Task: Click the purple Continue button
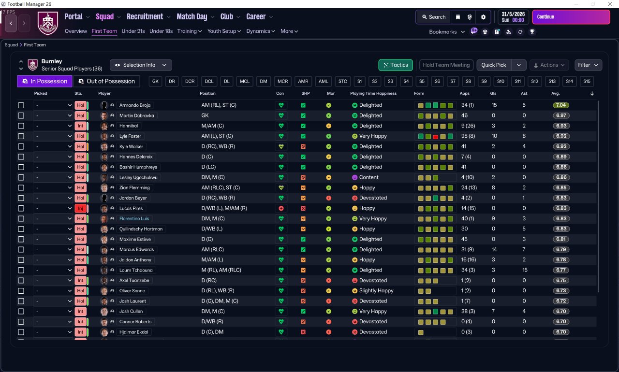(x=571, y=17)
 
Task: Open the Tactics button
(x=396, y=65)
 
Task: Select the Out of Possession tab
(x=107, y=81)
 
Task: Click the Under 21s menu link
(x=133, y=31)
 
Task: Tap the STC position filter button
(x=343, y=82)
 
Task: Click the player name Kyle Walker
(x=131, y=146)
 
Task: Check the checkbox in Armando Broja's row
(x=21, y=105)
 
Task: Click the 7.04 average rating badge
(x=560, y=105)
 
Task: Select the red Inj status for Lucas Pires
(x=80, y=208)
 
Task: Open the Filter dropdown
(x=588, y=65)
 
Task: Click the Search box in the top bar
(x=434, y=17)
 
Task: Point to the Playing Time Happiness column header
(x=373, y=93)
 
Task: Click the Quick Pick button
(x=494, y=65)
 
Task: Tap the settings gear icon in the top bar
(x=483, y=17)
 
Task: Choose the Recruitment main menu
(x=145, y=17)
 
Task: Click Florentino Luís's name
(x=134, y=218)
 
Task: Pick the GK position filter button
(x=155, y=82)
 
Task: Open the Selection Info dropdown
(x=141, y=65)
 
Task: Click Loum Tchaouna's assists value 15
(x=525, y=270)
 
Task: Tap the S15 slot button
(x=587, y=82)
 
